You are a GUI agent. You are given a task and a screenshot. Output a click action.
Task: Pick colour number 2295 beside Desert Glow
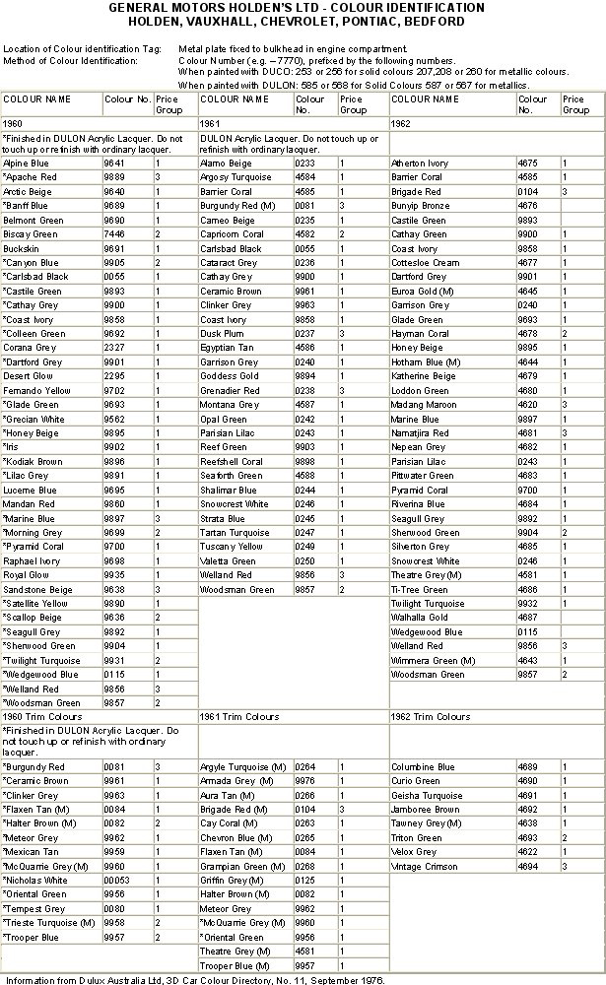pos(115,376)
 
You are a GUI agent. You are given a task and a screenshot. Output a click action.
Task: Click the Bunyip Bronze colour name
pos(422,206)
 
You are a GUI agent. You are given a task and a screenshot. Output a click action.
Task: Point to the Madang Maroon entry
pos(425,405)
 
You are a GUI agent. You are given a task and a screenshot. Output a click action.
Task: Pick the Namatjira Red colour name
pos(421,433)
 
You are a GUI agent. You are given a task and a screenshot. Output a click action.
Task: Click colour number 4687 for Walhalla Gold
pos(529,618)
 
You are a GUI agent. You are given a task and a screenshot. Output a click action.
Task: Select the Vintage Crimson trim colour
pos(423,866)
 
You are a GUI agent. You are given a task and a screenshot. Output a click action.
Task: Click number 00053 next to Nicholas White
pos(118,880)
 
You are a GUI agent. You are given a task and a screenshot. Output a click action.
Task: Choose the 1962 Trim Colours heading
pos(431,717)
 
